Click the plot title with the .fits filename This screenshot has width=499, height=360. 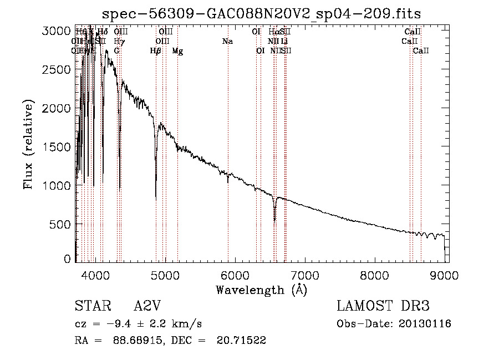click(x=263, y=14)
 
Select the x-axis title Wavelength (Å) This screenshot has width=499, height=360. click(x=262, y=290)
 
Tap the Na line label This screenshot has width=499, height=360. click(x=227, y=42)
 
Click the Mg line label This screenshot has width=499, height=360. click(x=177, y=51)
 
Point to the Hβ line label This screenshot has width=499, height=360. click(x=156, y=51)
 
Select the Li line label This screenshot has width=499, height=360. click(x=284, y=42)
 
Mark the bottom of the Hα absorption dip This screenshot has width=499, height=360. click(x=274, y=220)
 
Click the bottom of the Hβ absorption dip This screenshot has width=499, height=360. click(x=156, y=199)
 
